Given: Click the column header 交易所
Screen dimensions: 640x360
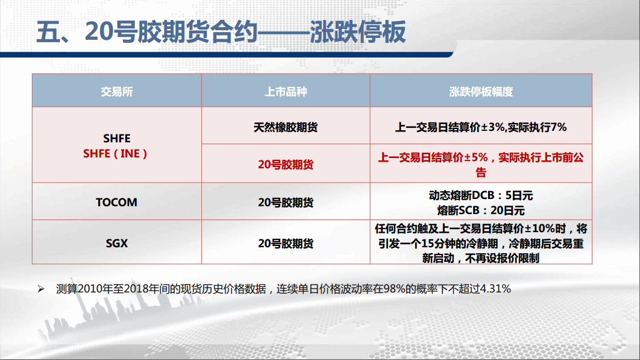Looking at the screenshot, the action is coord(117,92).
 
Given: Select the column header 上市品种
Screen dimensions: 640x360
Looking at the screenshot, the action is coord(286,92).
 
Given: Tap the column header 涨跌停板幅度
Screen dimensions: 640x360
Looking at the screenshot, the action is coord(481,92).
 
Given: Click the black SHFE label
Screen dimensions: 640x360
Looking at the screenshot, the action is coord(117,139).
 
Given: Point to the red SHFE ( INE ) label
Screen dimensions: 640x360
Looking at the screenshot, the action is coord(115,154).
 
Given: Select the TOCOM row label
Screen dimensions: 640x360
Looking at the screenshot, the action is coord(117,202).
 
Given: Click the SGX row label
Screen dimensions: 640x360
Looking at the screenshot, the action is coord(117,244).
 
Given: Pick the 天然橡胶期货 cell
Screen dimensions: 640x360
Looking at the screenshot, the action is coord(286,127).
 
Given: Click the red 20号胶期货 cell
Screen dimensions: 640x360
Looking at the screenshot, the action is coord(286,165).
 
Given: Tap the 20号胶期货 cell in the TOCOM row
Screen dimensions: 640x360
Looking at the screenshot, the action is coord(286,202).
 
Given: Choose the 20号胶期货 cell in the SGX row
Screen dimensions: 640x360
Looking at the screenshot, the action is coord(286,244).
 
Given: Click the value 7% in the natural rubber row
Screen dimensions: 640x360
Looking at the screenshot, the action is coord(559,127).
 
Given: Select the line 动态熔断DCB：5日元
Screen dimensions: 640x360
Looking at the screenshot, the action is coord(481,195).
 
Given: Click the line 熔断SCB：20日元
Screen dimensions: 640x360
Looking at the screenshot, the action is coord(481,210).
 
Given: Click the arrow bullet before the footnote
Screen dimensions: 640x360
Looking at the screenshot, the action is coord(41,289).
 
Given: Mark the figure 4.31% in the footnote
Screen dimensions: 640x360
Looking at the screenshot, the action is coord(495,289).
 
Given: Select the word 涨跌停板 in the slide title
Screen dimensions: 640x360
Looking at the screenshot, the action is coord(357,31).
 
